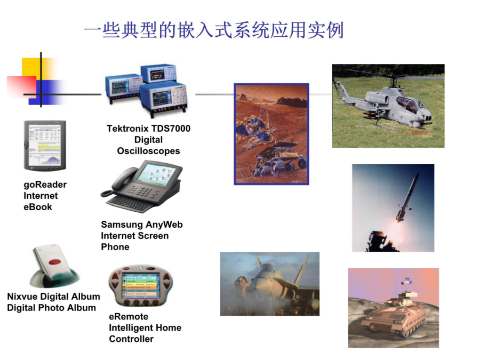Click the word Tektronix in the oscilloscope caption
127,129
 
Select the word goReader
45,185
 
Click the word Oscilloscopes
148,151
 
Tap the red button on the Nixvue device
55,262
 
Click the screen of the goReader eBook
45,145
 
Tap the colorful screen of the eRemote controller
141,285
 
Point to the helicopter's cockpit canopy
409,103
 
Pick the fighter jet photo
270,284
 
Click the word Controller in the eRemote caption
131,339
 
